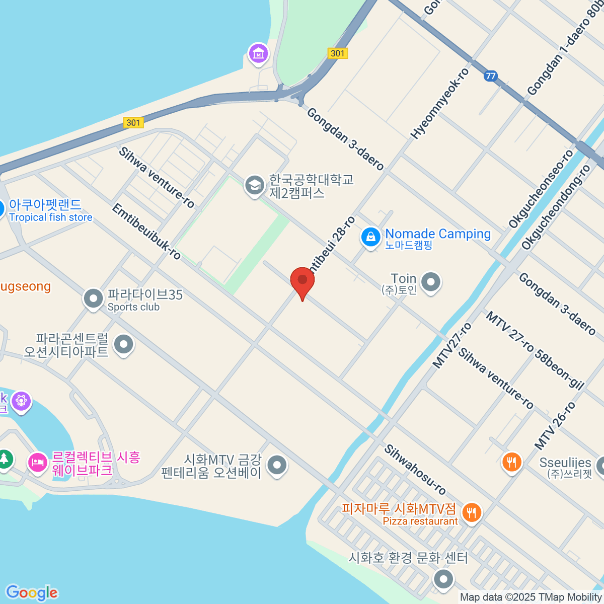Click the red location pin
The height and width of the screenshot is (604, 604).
tap(303, 280)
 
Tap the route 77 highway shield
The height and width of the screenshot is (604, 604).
tap(491, 76)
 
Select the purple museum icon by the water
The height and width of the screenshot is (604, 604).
tap(259, 52)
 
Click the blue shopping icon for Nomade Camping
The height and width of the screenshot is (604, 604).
tap(371, 236)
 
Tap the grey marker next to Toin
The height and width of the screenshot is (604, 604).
tap(431, 282)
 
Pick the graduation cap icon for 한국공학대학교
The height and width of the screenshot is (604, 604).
tap(255, 185)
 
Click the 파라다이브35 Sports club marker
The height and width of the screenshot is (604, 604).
tap(93, 299)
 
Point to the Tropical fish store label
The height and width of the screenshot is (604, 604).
tap(51, 217)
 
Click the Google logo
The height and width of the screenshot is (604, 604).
tap(32, 593)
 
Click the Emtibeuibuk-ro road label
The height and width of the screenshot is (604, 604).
tap(146, 232)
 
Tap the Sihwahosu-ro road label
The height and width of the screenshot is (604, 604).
tap(415, 470)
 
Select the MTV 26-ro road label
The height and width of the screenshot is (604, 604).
tap(555, 426)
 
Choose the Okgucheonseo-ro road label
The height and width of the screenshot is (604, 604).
tap(541, 189)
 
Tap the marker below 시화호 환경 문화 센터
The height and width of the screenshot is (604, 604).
tap(443, 578)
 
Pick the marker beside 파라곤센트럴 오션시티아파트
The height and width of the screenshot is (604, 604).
tap(124, 345)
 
